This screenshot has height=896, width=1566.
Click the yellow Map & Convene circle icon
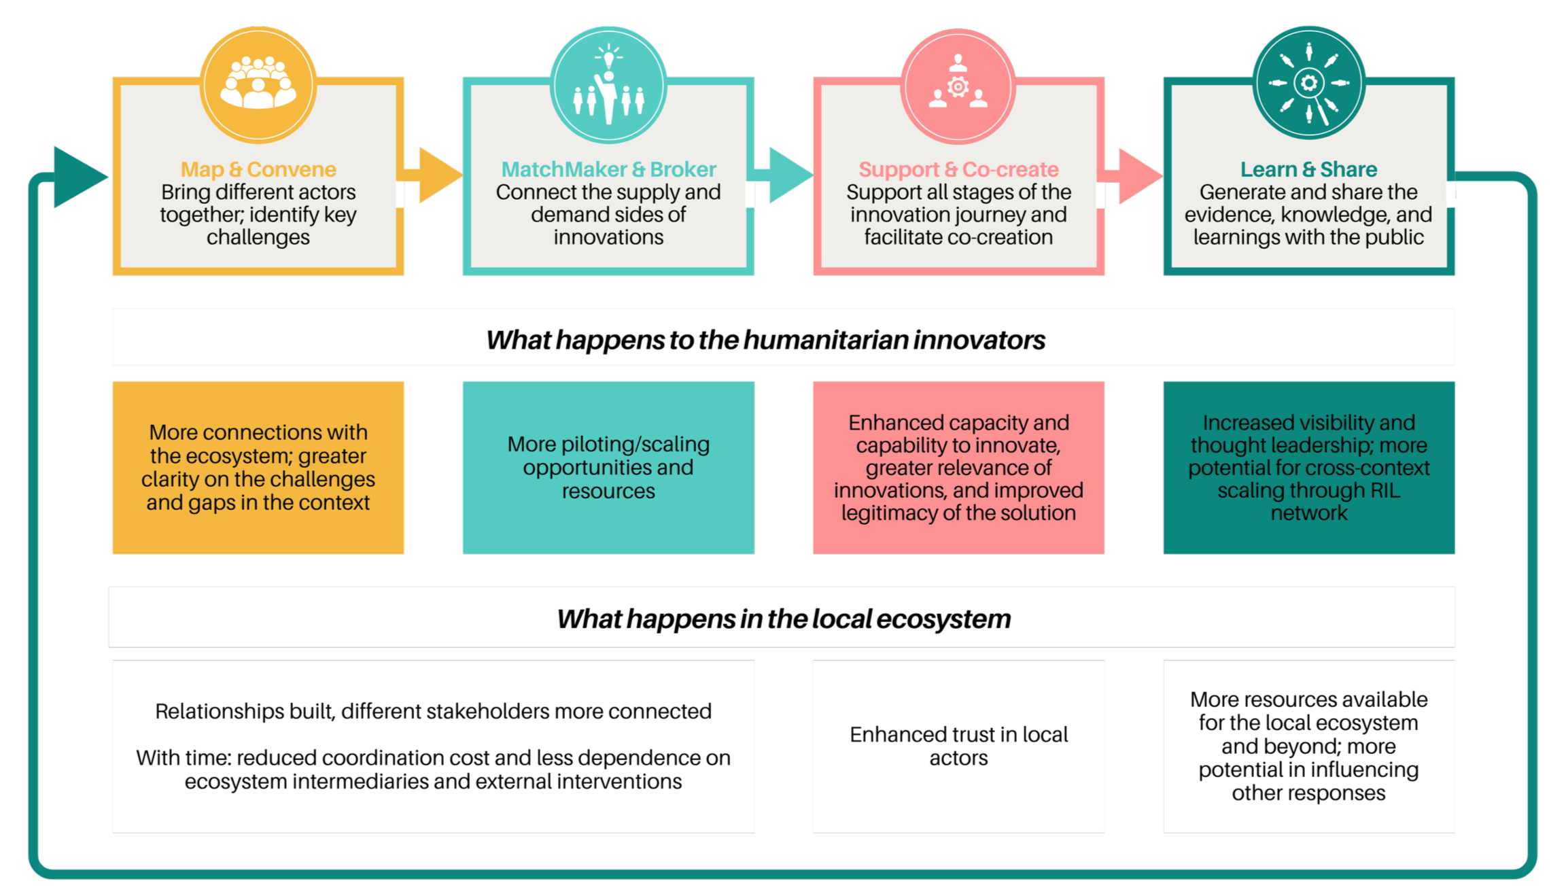[258, 84]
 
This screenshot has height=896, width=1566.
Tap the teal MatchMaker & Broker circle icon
[608, 86]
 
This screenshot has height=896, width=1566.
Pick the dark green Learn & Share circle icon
[1308, 84]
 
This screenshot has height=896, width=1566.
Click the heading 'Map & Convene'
[258, 169]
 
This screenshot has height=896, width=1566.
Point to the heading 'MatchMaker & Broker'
[608, 169]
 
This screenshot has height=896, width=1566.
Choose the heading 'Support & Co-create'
[958, 169]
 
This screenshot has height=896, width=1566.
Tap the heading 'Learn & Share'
[1308, 169]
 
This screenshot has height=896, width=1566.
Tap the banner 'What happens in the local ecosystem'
[783, 618]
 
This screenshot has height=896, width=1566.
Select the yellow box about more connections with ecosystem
[258, 468]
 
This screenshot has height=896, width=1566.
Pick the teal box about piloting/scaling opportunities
[608, 468]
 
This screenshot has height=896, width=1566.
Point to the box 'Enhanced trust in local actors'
[958, 746]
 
